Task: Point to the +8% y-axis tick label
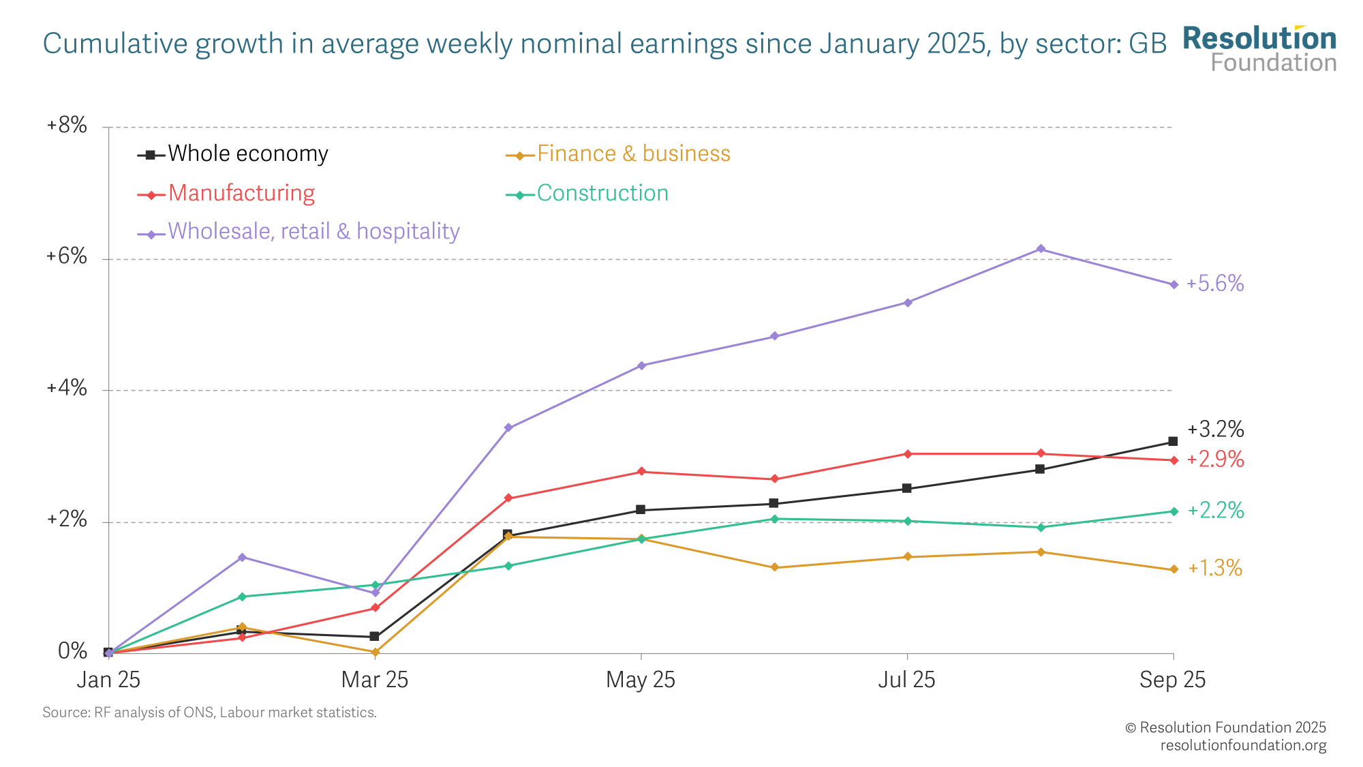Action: click(67, 125)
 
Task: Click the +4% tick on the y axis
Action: click(67, 389)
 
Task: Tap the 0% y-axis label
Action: click(72, 652)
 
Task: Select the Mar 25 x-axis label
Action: click(374, 680)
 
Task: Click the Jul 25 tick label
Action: click(906, 680)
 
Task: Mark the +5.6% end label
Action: click(1215, 284)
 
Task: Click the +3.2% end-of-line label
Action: click(1215, 430)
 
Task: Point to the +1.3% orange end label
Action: click(1215, 568)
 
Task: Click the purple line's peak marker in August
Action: click(1041, 249)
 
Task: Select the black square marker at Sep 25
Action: click(1173, 442)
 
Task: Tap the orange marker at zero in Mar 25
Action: click(375, 652)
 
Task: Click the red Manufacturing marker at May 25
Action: click(641, 472)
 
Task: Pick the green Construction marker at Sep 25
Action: click(1174, 511)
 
